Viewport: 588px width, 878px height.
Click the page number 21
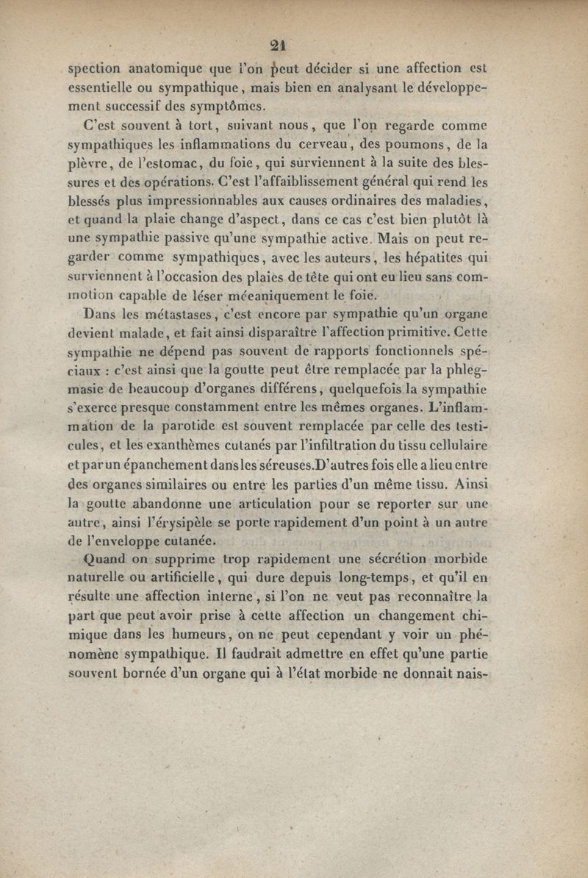277,44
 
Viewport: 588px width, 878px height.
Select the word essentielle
99,88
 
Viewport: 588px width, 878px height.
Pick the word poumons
397,146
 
